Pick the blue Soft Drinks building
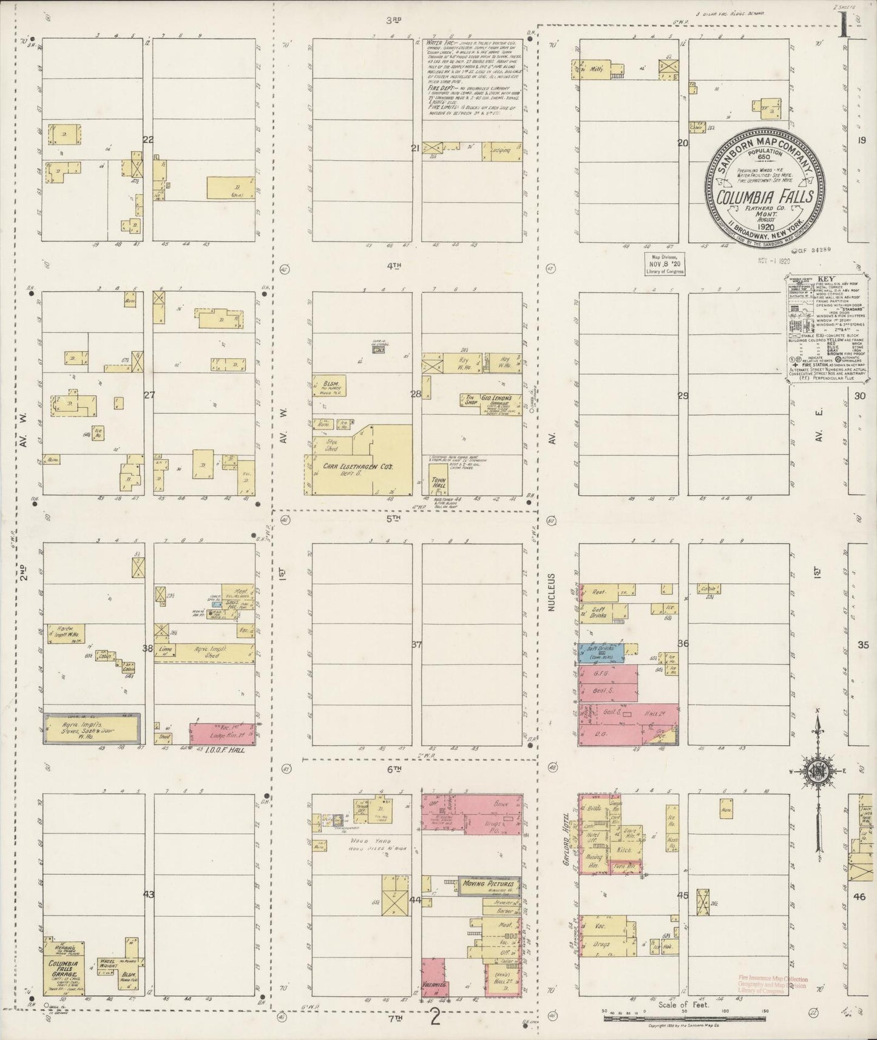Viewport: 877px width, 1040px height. point(597,653)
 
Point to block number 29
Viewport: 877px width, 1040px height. point(683,396)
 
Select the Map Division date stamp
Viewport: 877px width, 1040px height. point(665,264)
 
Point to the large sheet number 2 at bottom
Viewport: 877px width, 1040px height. point(435,1017)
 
